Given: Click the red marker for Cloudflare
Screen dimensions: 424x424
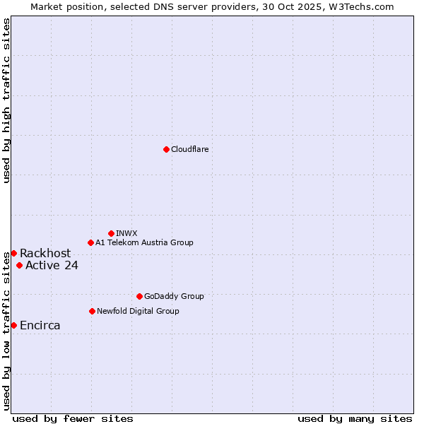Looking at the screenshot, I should click(166, 149).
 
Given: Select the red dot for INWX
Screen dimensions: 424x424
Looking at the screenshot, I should click(111, 233).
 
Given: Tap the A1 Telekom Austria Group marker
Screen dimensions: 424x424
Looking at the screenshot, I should click(90, 242).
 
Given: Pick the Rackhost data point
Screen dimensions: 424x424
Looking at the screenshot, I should click(13, 253).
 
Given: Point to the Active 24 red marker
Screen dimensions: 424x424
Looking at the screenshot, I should click(19, 265).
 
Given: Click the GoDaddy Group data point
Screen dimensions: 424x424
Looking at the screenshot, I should click(139, 296).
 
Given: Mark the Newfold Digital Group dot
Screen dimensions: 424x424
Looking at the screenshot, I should click(92, 311).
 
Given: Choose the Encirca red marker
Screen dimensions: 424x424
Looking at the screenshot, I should click(13, 325).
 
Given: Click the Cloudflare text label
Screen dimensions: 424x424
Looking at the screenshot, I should click(189, 149).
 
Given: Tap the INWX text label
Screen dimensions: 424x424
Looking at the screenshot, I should click(126, 233).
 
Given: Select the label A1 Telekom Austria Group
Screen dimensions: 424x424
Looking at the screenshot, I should click(144, 242).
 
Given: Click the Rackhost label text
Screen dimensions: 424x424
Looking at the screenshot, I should click(45, 253).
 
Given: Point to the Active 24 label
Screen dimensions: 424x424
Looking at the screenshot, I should click(52, 265).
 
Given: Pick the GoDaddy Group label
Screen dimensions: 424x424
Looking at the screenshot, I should click(174, 296).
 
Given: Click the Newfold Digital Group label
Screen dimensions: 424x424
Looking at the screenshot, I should click(138, 311).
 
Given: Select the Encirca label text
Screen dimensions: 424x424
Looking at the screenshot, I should click(40, 325).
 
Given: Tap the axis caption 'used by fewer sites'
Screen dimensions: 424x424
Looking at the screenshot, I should click(73, 418).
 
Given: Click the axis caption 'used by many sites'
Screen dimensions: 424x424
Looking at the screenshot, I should click(355, 418).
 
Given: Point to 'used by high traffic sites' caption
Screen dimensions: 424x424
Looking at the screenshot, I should click(6, 101).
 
